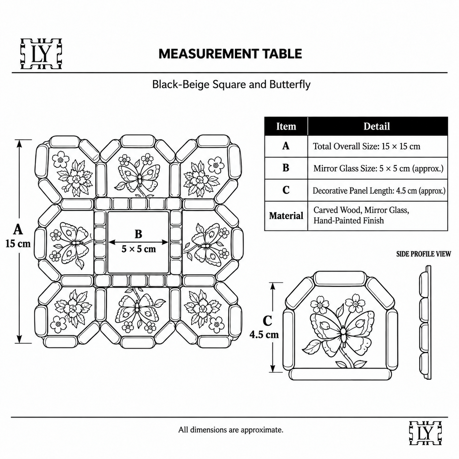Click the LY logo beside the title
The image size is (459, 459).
click(41, 54)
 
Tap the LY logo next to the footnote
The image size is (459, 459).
click(425, 436)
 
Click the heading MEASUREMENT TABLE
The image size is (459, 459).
click(230, 53)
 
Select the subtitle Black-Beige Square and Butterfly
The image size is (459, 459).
click(231, 85)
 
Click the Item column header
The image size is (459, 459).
click(286, 126)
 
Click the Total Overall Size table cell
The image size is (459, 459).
click(377, 146)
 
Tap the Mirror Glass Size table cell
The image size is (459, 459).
click(377, 168)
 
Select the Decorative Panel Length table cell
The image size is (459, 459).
click(377, 190)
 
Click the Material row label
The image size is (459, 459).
click(286, 216)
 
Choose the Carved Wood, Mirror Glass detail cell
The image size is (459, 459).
click(377, 216)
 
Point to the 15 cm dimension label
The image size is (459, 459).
click(18, 244)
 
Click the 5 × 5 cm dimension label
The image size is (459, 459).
click(139, 249)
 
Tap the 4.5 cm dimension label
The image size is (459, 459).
click(264, 335)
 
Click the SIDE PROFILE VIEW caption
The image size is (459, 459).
click(423, 254)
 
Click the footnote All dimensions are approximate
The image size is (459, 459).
click(231, 430)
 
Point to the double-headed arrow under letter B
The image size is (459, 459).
click(138, 242)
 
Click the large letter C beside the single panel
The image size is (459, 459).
click(267, 321)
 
